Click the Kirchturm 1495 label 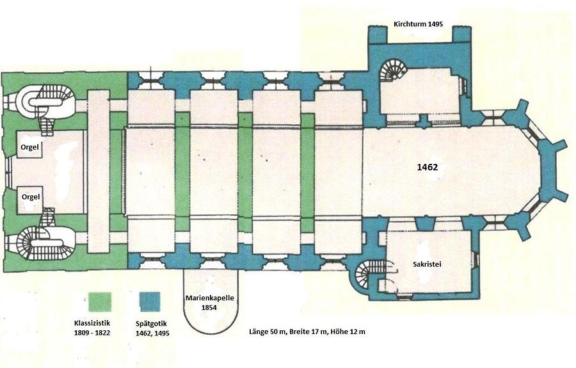pyautogui.click(x=418, y=24)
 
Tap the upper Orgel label pyautogui.click(x=29, y=147)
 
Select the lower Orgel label pyautogui.click(x=31, y=197)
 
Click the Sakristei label pyautogui.click(x=426, y=264)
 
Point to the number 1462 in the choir pyautogui.click(x=428, y=168)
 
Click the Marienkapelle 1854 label pyautogui.click(x=209, y=303)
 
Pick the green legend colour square pyautogui.click(x=100, y=302)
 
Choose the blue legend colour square pyautogui.click(x=150, y=301)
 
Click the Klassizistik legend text pyautogui.click(x=92, y=324)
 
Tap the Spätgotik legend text pyautogui.click(x=151, y=324)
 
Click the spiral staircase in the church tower pyautogui.click(x=394, y=71)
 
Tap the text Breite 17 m pyautogui.click(x=308, y=332)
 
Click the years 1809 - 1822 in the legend pyautogui.click(x=92, y=333)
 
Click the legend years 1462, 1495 pyautogui.click(x=152, y=333)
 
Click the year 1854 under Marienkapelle pyautogui.click(x=209, y=307)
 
